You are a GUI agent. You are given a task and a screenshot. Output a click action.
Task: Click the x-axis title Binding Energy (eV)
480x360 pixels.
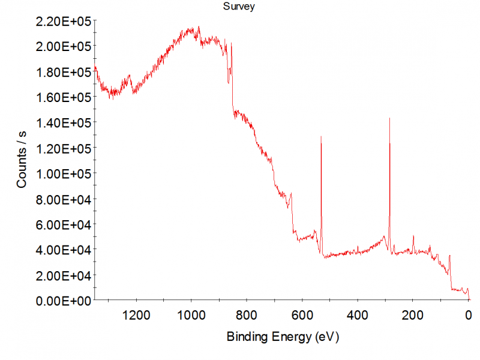(283, 337)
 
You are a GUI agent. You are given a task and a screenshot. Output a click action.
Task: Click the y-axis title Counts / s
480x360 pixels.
(22, 160)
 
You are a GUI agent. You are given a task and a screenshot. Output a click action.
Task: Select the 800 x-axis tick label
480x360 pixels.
(247, 314)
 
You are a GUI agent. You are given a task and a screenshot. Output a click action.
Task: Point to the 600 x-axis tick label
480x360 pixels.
(302, 314)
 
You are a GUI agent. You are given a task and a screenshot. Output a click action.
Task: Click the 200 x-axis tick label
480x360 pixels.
(413, 314)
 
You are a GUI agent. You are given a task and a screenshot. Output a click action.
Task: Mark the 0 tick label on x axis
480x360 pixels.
(468, 314)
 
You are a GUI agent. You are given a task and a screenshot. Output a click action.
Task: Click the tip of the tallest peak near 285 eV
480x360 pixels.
(389, 118)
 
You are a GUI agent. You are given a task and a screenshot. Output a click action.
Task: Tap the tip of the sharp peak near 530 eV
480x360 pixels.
(321, 137)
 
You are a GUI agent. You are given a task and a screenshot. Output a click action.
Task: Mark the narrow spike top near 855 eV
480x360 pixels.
(232, 44)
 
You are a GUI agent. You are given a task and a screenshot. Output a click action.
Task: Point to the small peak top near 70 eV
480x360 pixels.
(449, 256)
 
